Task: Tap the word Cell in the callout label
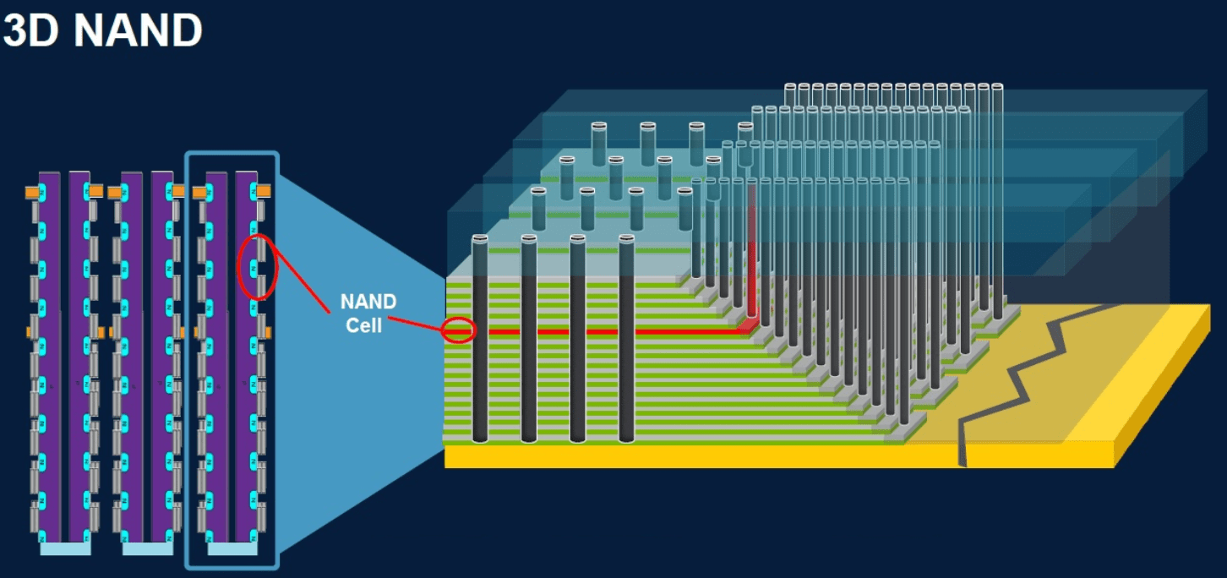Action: click(x=364, y=324)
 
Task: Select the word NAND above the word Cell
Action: click(x=368, y=302)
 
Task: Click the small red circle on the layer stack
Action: click(x=459, y=330)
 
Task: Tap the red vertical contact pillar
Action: click(x=751, y=254)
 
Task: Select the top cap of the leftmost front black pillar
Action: click(x=480, y=240)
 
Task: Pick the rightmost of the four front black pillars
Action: click(x=626, y=346)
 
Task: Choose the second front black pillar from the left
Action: click(x=529, y=346)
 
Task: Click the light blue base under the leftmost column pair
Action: click(x=65, y=548)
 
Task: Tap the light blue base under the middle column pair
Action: click(x=147, y=548)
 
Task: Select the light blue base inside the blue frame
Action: click(x=232, y=548)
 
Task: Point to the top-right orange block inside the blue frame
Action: click(x=263, y=192)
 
